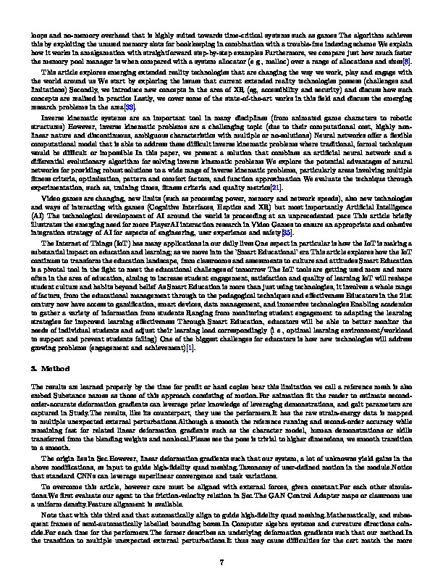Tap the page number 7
[x=222, y=542]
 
